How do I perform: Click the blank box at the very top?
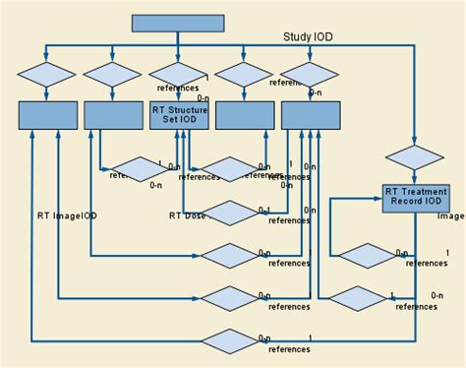click(x=178, y=24)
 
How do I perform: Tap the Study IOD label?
click(x=308, y=37)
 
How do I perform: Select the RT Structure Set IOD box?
click(x=178, y=116)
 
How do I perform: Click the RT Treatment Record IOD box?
click(x=414, y=198)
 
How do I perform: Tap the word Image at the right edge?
click(x=451, y=215)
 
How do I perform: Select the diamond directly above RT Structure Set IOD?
click(x=178, y=75)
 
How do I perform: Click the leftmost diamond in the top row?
click(x=47, y=75)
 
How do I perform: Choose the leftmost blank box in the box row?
click(x=47, y=116)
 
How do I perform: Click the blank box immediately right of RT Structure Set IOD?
click(x=244, y=116)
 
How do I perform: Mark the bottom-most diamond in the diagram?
click(x=232, y=340)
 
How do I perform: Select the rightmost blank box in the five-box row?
click(x=310, y=116)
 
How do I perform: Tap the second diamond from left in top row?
click(x=112, y=75)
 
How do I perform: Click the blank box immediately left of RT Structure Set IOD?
click(x=112, y=116)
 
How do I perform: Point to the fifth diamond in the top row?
click(x=310, y=75)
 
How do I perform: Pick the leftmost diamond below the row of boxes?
click(x=138, y=169)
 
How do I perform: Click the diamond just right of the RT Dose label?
click(x=232, y=214)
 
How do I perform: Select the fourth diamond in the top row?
click(x=244, y=75)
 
